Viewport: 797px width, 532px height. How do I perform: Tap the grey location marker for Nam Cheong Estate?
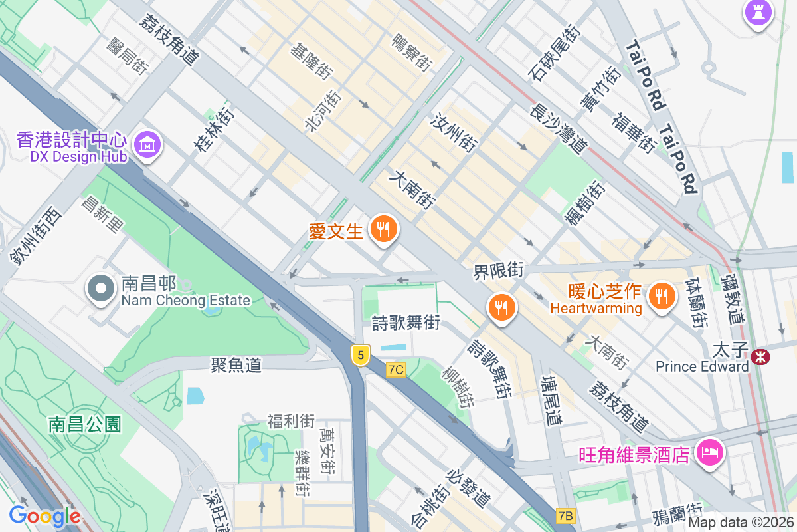coord(101,289)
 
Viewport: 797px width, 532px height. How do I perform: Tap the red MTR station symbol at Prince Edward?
coord(760,357)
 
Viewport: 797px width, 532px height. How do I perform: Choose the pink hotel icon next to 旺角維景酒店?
coord(709,454)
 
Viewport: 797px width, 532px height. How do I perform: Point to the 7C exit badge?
coord(396,370)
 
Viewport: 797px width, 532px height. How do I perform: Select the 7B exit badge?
coord(565,516)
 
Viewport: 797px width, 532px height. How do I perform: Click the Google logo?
coord(44,516)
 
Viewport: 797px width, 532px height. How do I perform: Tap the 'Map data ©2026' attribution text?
coord(740,523)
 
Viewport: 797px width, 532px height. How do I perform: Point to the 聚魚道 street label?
coord(236,364)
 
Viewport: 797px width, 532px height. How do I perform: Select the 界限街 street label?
coord(498,271)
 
